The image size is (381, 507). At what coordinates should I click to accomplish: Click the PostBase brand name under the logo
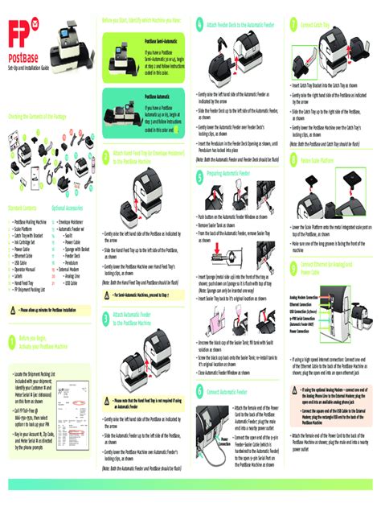[24, 60]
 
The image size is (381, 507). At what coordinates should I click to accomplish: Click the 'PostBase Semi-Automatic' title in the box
[163, 39]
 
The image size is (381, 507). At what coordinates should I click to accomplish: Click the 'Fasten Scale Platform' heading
[319, 161]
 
